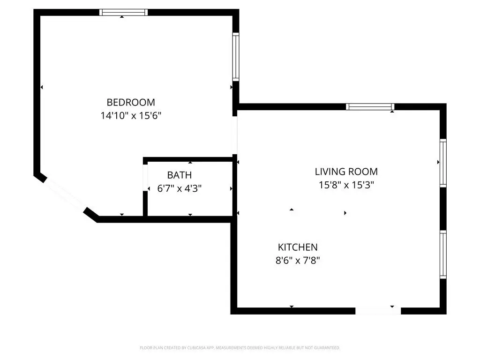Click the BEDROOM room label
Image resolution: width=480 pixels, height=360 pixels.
pyautogui.click(x=131, y=102)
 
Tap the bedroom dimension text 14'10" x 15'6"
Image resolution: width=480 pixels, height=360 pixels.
pyautogui.click(x=131, y=116)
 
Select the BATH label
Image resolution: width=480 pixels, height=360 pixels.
pyautogui.click(x=180, y=175)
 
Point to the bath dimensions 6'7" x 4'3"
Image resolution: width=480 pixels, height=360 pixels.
pyautogui.click(x=180, y=188)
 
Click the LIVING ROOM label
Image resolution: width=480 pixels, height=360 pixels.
pyautogui.click(x=346, y=172)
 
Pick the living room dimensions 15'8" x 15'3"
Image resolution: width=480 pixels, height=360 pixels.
pyautogui.click(x=346, y=185)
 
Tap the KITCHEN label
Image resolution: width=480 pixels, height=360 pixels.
pyautogui.click(x=298, y=247)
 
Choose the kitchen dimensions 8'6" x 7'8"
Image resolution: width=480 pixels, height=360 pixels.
pyautogui.click(x=298, y=261)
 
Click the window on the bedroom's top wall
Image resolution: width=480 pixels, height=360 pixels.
pyautogui.click(x=124, y=12)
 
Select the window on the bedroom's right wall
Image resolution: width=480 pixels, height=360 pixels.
pyautogui.click(x=236, y=57)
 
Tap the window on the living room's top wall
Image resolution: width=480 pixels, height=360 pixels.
pyautogui.click(x=370, y=106)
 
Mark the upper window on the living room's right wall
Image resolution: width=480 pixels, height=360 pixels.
pyautogui.click(x=443, y=163)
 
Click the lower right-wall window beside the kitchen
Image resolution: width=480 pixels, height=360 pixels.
pyautogui.click(x=443, y=255)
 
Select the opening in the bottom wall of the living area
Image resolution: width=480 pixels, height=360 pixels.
pyautogui.click(x=378, y=311)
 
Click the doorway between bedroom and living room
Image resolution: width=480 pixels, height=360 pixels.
pyautogui.click(x=235, y=135)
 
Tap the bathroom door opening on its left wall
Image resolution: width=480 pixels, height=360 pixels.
pyautogui.click(x=145, y=178)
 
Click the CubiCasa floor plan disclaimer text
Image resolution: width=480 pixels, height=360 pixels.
pyautogui.click(x=240, y=348)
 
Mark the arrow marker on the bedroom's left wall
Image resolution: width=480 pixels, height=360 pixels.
pyautogui.click(x=42, y=87)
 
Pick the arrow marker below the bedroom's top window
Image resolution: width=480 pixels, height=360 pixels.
pyautogui.click(x=122, y=17)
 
